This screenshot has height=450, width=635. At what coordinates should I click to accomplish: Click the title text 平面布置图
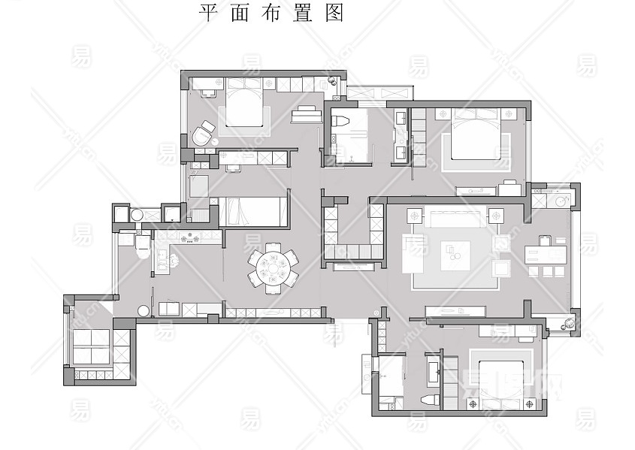point(271,14)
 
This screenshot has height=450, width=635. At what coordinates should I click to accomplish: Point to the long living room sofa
point(454,217)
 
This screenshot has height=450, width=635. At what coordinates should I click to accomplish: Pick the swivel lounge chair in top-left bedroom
point(202,135)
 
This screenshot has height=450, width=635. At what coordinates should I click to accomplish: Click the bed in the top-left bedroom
point(243,104)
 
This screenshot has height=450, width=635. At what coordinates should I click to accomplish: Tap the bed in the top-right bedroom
point(476,135)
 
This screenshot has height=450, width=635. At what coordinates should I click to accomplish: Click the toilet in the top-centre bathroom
point(339,120)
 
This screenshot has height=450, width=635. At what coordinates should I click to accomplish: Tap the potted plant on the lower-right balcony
point(568,323)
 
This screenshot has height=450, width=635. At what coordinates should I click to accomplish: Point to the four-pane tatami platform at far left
point(90,346)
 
